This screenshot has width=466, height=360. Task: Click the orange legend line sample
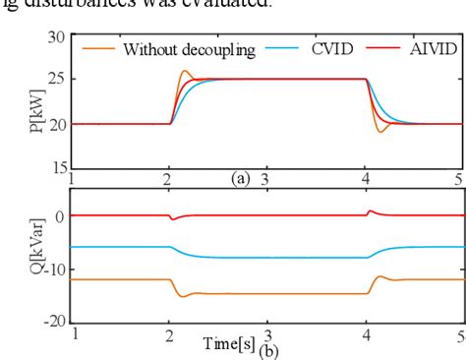(x=98, y=49)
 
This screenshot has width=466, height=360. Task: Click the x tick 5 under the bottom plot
(x=459, y=334)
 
